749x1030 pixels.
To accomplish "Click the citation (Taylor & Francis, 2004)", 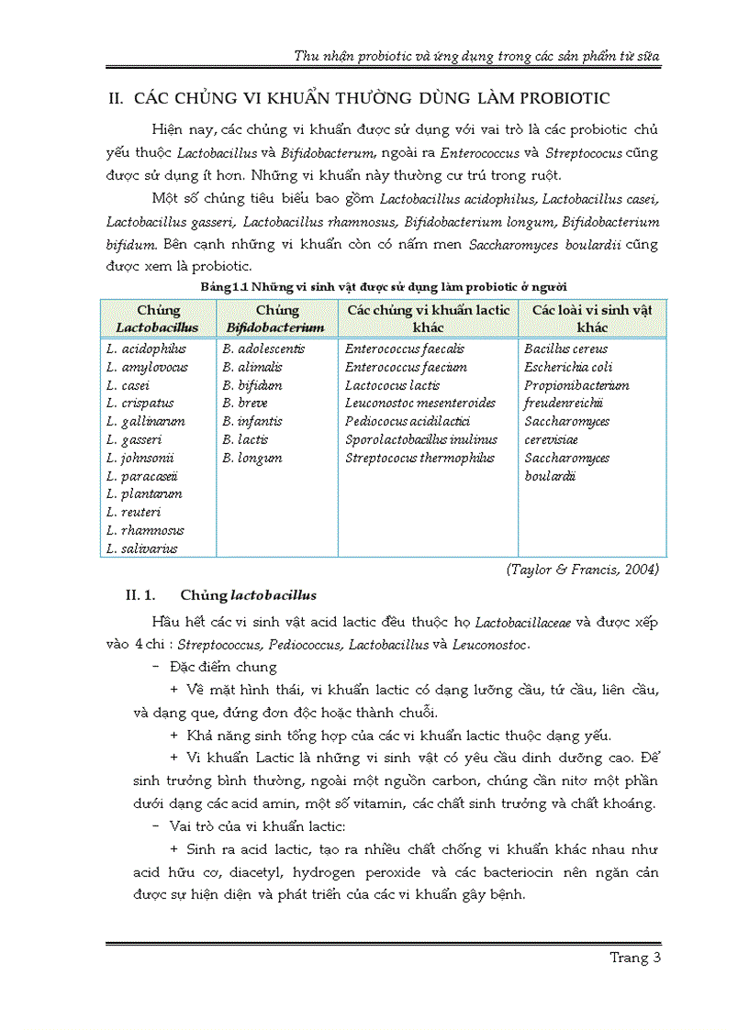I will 582,569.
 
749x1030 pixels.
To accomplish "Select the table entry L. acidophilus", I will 146,349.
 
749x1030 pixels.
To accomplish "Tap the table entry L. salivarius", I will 142,548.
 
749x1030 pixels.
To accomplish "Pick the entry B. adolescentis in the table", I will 263,349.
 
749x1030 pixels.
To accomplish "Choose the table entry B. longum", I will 252,458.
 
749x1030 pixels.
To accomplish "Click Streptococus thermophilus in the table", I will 419,458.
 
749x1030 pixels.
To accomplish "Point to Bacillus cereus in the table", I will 565,349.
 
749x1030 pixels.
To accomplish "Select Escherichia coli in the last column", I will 568,367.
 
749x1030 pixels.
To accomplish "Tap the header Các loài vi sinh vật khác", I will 592,318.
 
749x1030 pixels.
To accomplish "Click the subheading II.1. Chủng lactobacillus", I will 221,595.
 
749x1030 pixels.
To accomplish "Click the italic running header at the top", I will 475,55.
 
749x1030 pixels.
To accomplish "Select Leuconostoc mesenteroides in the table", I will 419,403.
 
